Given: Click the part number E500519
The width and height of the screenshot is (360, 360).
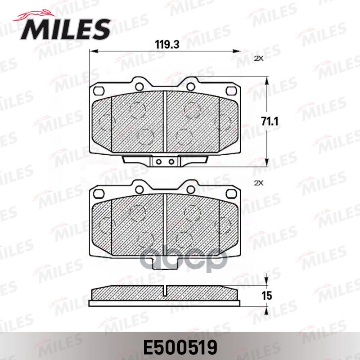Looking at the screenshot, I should click(x=180, y=346).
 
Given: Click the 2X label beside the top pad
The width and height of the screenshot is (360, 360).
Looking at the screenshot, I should click(x=258, y=58).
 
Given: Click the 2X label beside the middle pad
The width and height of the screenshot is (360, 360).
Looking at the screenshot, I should click(x=258, y=183).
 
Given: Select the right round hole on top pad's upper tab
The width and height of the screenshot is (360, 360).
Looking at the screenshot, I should click(x=191, y=86).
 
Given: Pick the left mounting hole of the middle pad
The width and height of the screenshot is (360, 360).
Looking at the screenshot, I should click(x=98, y=194).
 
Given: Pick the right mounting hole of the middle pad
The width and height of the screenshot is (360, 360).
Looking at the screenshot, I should click(x=233, y=194).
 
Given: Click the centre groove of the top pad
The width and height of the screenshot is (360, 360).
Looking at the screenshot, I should click(x=166, y=121).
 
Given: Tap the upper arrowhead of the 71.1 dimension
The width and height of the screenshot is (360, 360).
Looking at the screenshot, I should click(x=268, y=80).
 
